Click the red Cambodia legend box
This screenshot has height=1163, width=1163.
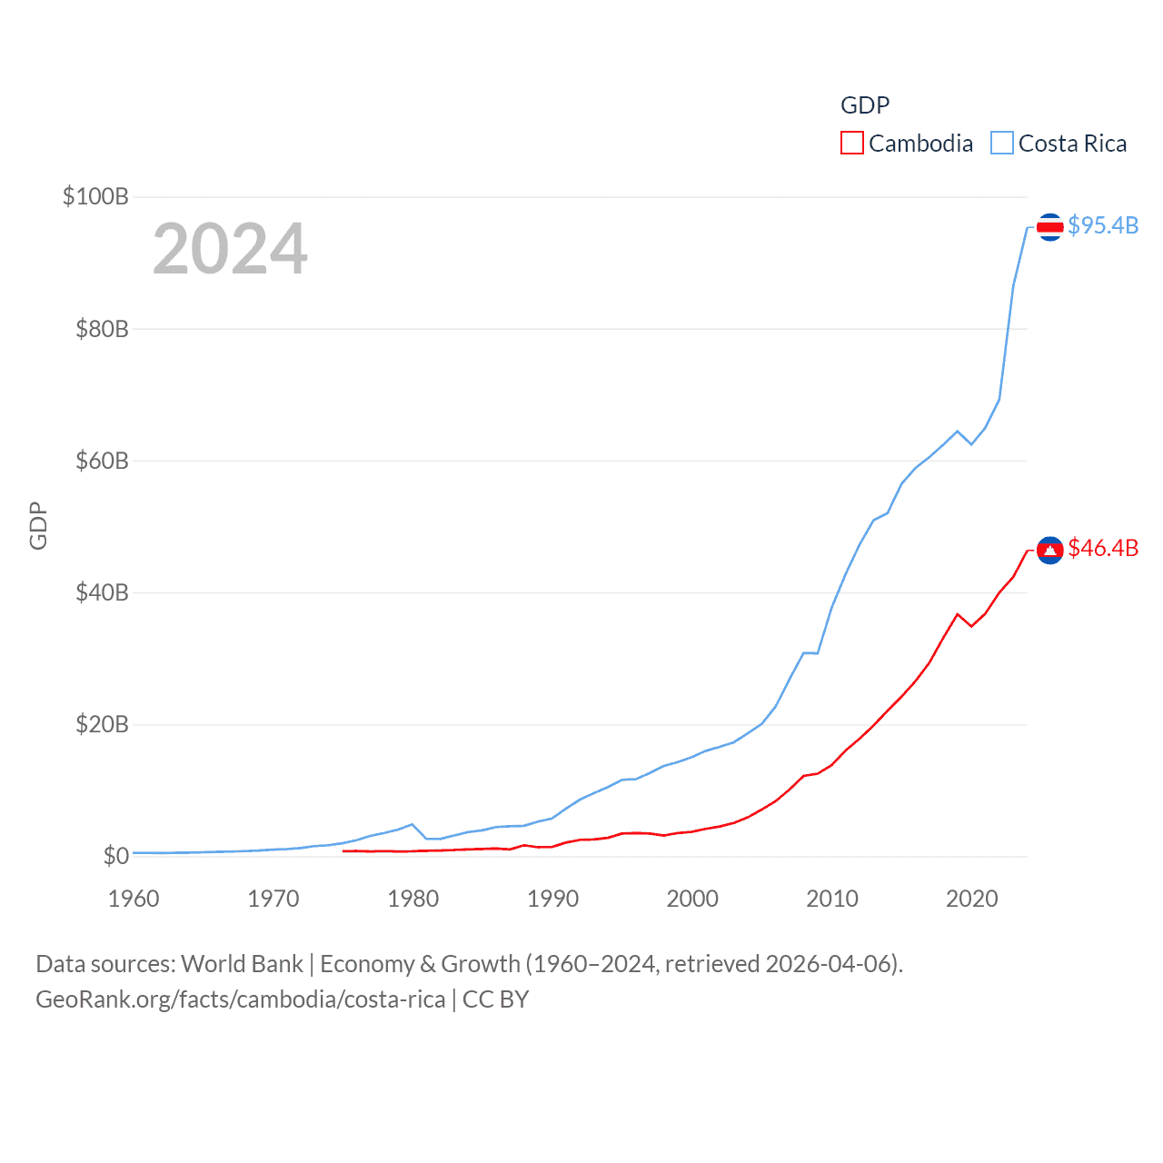coord(851,144)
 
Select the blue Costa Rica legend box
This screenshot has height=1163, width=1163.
coord(1001,144)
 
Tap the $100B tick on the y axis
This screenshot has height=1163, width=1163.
coord(95,196)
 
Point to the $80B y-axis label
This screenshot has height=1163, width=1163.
coord(102,329)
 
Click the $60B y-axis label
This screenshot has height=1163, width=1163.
coord(102,461)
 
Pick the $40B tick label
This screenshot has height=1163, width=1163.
coord(102,592)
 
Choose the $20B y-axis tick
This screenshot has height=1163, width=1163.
coord(102,724)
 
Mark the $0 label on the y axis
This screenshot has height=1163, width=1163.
coord(115,856)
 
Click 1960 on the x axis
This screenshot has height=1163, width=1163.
coord(134,899)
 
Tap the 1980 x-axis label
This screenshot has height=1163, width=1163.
coord(413,899)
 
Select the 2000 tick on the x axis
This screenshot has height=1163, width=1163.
coord(692,899)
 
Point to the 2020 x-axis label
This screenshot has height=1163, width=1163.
coord(971,899)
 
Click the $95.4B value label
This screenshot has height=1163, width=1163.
coord(1103,225)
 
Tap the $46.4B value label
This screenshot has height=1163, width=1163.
coord(1103,548)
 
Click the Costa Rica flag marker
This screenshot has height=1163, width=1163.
coord(1049,227)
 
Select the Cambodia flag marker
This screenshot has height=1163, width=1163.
coord(1049,550)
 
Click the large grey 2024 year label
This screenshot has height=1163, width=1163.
coord(230,249)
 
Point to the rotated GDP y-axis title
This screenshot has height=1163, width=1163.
coord(38,525)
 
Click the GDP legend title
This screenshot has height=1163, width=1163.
coord(864,105)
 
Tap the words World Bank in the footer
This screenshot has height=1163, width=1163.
coord(242,963)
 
